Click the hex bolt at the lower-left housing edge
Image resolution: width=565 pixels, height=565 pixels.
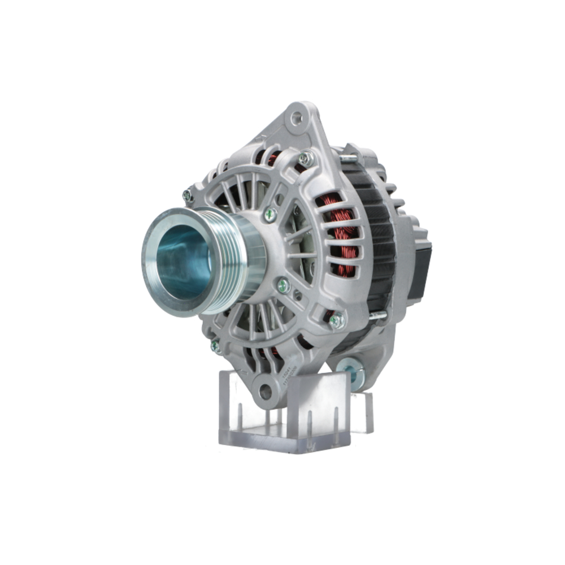coord(216,345)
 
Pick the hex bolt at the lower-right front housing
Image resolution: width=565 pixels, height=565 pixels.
coord(337,321)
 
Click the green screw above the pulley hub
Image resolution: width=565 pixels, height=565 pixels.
coord(271,214)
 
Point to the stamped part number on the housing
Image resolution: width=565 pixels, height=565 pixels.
coord(286,375)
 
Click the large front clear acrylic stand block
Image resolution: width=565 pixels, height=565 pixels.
coord(285,415)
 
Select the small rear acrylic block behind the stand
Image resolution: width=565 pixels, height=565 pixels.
coord(362,411)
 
